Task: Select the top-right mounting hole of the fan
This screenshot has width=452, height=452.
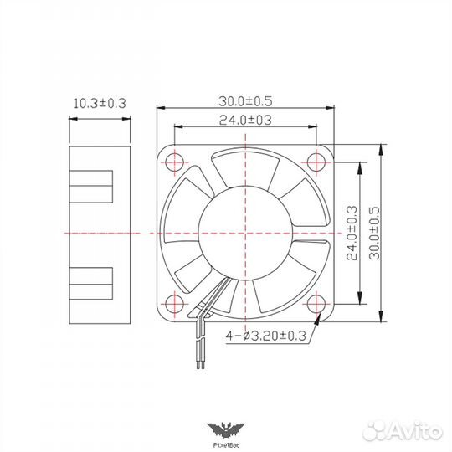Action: (x=316, y=160)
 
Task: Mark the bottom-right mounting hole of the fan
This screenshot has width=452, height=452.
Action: (x=316, y=302)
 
